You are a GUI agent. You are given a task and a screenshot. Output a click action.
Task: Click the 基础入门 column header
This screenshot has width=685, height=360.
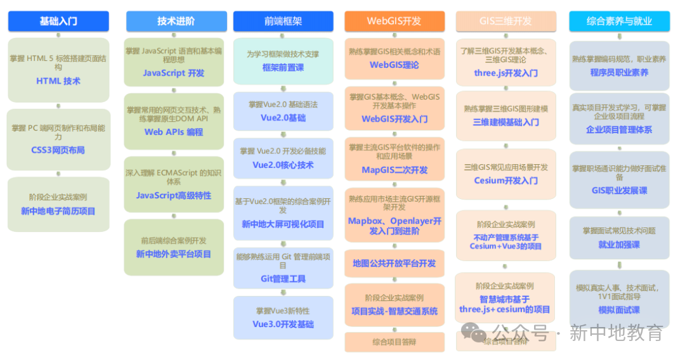(58, 21)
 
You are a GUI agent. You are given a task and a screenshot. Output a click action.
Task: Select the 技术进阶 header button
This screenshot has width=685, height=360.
(176, 21)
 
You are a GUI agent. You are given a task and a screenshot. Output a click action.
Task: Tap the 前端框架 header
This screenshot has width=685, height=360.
(283, 21)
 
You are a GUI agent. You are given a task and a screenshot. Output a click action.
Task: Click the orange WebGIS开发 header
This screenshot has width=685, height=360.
(394, 21)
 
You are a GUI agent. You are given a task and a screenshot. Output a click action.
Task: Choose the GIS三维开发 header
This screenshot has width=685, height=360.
(506, 21)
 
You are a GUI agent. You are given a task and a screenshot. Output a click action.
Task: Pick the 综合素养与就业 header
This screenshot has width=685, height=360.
(619, 21)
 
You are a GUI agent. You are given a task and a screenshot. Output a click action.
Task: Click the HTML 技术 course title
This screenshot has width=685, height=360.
(58, 81)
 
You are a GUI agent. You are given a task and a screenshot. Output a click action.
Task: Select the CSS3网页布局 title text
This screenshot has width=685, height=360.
(58, 150)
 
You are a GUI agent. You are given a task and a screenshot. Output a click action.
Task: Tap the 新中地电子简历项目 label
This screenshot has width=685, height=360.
(58, 211)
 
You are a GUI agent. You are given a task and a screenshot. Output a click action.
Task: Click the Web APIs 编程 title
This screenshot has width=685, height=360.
(174, 132)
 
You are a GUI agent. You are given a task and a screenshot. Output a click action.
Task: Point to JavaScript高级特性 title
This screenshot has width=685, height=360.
(174, 195)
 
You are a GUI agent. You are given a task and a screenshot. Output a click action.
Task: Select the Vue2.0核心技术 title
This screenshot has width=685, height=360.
(283, 165)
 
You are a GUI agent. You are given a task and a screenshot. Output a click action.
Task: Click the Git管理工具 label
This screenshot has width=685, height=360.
(283, 278)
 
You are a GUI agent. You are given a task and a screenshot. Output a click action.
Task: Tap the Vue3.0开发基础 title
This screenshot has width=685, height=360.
(283, 324)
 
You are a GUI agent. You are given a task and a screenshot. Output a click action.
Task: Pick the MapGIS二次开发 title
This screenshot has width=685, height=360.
(395, 170)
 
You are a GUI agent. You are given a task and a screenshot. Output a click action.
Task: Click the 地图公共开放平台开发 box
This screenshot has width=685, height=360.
(395, 263)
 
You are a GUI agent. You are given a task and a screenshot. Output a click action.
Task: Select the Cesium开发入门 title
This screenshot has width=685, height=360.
(506, 180)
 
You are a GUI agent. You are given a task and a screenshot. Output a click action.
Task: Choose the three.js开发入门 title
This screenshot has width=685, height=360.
(506, 73)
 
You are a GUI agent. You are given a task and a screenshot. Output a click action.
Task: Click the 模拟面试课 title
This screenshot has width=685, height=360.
(619, 310)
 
